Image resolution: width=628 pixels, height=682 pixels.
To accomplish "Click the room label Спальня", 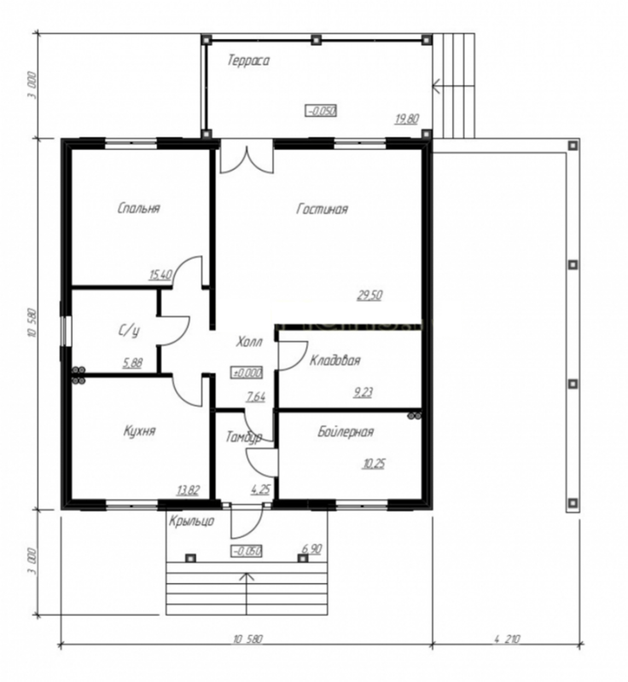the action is (139, 208).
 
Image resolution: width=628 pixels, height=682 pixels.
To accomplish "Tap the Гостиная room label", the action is (322, 209).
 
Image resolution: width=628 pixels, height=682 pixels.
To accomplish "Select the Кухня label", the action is (139, 431).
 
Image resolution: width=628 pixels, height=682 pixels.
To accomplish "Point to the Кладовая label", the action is (335, 360).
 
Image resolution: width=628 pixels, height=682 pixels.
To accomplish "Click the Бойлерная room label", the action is (346, 431).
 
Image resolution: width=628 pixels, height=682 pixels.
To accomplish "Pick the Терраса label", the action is (248, 60).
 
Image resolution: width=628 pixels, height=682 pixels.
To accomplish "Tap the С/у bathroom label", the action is (129, 331).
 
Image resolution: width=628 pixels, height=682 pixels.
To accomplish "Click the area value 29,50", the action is (369, 295).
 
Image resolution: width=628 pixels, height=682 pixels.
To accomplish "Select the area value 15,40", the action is (160, 275).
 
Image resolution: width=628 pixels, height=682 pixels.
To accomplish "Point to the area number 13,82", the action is (189, 490).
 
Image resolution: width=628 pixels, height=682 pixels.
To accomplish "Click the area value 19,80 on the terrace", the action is (407, 118).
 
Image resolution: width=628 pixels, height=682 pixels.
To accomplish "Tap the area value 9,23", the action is (363, 393).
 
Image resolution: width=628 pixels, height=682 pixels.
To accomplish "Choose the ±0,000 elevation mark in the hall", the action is (247, 373).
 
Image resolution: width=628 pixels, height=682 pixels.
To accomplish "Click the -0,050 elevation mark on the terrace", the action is (321, 111).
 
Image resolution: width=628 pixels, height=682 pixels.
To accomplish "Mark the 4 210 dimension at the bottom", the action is (507, 639).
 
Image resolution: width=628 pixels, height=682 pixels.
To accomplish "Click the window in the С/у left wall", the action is (66, 331).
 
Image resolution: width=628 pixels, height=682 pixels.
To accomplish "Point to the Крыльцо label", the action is (191, 520).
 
